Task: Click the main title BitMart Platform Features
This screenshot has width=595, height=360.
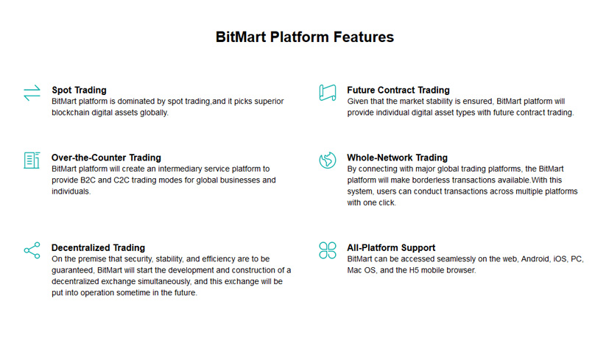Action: click(304, 37)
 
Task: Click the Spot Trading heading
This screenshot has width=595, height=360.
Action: click(79, 90)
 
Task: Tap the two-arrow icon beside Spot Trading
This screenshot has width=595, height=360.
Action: click(32, 93)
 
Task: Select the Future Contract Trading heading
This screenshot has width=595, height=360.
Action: click(398, 90)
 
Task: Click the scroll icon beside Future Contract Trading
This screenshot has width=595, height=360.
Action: click(327, 93)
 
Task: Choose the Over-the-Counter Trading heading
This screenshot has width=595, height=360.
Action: click(106, 158)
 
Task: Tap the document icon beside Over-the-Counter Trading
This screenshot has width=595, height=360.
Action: click(32, 160)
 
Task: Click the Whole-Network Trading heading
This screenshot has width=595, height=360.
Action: click(397, 158)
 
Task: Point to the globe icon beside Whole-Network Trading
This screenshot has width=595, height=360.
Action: click(327, 160)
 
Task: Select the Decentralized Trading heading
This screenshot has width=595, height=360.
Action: click(98, 247)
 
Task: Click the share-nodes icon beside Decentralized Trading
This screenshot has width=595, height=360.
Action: click(32, 250)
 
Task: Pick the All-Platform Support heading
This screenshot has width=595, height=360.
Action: click(391, 247)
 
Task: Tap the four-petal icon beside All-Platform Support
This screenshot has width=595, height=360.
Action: click(327, 250)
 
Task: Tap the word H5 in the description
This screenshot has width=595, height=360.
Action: click(416, 270)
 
